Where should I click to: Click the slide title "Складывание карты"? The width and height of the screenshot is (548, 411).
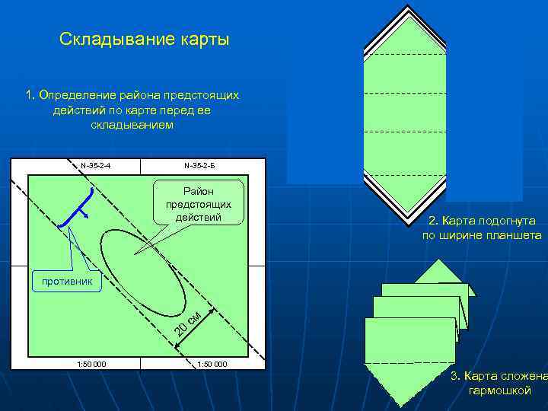pyautogui.click(x=144, y=39)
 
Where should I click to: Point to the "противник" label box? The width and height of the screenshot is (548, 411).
pyautogui.click(x=67, y=282)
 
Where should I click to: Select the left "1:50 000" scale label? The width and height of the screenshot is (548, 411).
pyautogui.click(x=92, y=364)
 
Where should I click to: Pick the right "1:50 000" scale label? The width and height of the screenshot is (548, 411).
pyautogui.click(x=212, y=364)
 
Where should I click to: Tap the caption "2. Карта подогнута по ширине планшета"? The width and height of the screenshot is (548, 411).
pyautogui.click(x=482, y=228)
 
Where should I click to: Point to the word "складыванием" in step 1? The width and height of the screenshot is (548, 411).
pyautogui.click(x=132, y=125)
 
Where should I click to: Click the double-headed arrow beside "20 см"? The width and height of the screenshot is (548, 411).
pyautogui.click(x=196, y=329)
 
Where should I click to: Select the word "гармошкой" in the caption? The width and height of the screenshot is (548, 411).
pyautogui.click(x=500, y=391)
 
